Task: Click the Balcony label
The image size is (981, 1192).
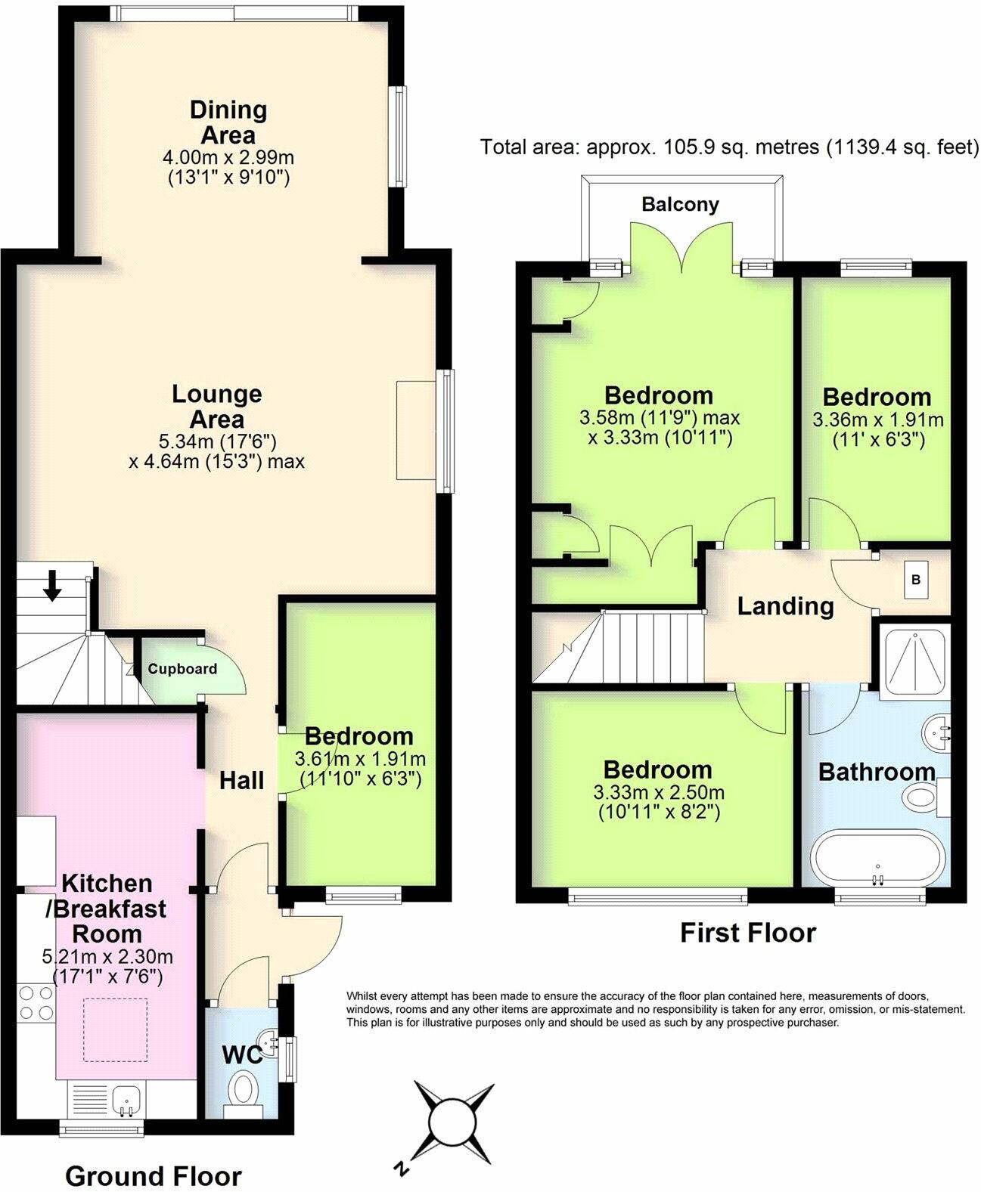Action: point(680,204)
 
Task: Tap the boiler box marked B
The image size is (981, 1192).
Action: point(916,579)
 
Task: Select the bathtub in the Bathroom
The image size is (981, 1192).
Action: point(878,856)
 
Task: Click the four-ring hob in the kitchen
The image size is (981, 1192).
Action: point(36,1002)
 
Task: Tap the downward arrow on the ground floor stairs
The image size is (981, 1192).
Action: point(52,585)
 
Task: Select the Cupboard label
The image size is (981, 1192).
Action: point(182,669)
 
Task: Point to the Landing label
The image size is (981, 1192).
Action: point(785,606)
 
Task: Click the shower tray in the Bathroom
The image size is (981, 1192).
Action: point(914,660)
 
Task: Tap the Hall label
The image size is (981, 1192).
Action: point(241,781)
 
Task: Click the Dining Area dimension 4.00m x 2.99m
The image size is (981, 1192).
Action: point(228,157)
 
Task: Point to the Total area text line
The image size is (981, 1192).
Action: point(730,147)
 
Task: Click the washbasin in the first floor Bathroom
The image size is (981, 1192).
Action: point(936,732)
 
